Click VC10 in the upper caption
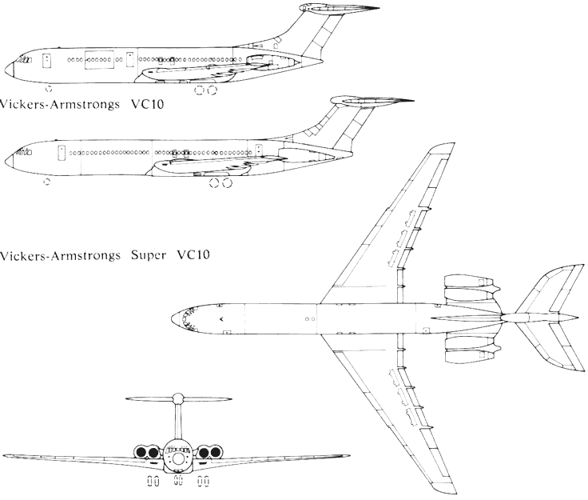coord(158,103)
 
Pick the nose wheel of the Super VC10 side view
coord(46,181)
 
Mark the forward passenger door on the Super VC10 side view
coord(58,151)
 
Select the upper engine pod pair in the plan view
coord(470,286)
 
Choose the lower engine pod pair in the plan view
coord(470,353)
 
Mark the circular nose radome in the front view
coord(177,459)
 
